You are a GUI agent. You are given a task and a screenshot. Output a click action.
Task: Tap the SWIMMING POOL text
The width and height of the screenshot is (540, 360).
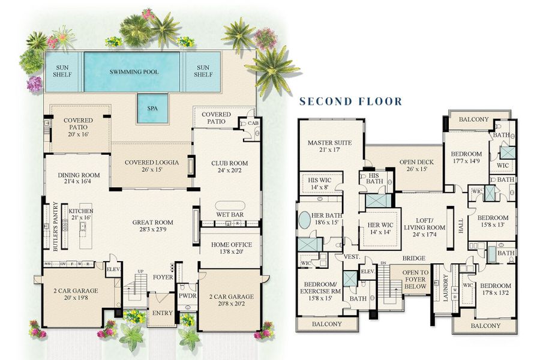click(131, 71)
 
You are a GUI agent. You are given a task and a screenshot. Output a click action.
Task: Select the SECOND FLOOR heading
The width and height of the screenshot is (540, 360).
click(351, 101)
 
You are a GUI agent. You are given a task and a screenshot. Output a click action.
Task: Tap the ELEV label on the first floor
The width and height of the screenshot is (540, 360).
click(113, 269)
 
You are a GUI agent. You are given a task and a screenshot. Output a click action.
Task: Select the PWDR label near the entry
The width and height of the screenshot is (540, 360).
click(187, 295)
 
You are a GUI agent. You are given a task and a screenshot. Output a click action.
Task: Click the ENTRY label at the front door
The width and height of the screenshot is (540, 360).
click(162, 313)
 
